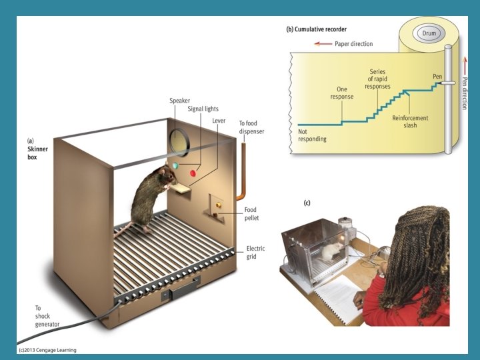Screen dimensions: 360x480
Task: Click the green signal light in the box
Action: [175, 166]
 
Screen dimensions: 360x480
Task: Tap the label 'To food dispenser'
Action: [251, 127]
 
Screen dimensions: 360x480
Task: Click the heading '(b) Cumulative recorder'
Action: [316, 29]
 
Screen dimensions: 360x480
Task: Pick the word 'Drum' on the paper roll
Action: [428, 32]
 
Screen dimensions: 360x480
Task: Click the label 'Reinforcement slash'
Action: [410, 121]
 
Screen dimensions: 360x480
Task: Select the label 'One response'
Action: [342, 93]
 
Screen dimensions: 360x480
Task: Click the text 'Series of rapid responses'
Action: [378, 79]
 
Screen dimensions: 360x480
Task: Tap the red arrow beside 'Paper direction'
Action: [323, 44]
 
